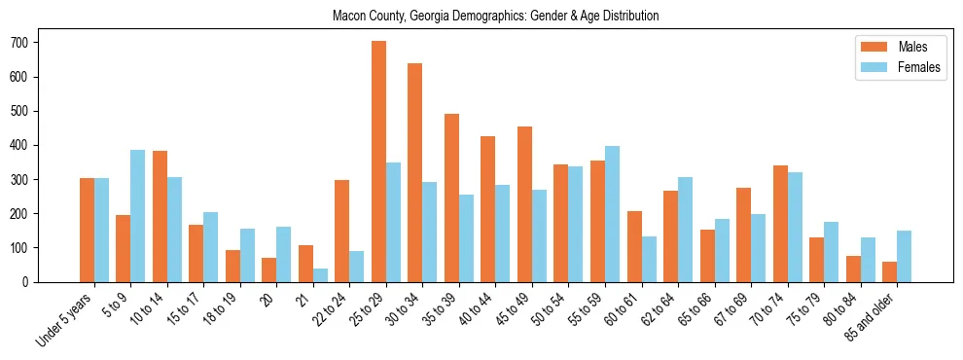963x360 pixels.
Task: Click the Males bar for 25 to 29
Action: (378, 162)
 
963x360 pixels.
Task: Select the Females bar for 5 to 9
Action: (138, 216)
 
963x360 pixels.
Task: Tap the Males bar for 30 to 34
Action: (415, 172)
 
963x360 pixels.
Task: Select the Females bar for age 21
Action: (320, 275)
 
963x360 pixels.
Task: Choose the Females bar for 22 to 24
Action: (357, 267)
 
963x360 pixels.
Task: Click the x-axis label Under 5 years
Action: (65, 318)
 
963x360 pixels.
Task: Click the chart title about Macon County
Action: (495, 17)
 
